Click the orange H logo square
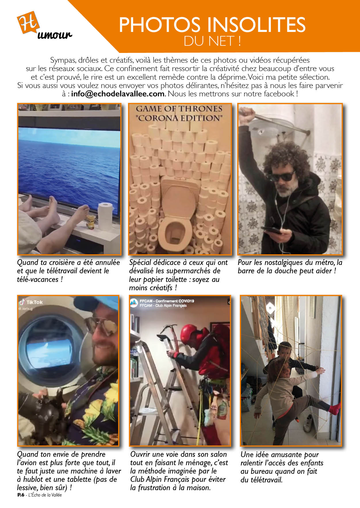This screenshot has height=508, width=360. click(28, 22)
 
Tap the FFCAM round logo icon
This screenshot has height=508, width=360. click(134, 303)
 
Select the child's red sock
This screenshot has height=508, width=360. click(335, 409)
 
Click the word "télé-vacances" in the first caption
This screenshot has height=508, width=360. click(38, 279)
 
